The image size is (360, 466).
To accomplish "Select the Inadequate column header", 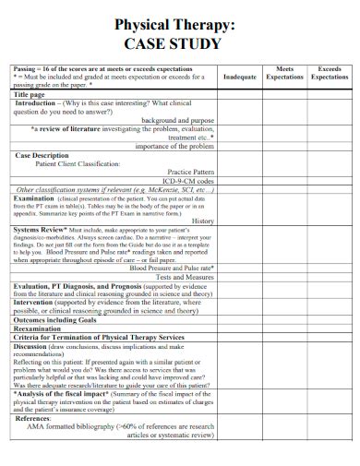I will click(x=239, y=78).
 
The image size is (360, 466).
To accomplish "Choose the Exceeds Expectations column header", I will click(x=329, y=73).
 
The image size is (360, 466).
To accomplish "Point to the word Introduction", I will click(x=36, y=103).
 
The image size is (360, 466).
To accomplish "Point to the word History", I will click(x=203, y=221).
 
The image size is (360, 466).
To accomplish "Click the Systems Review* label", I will click(x=39, y=229).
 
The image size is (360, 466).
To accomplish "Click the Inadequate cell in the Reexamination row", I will click(x=239, y=327).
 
